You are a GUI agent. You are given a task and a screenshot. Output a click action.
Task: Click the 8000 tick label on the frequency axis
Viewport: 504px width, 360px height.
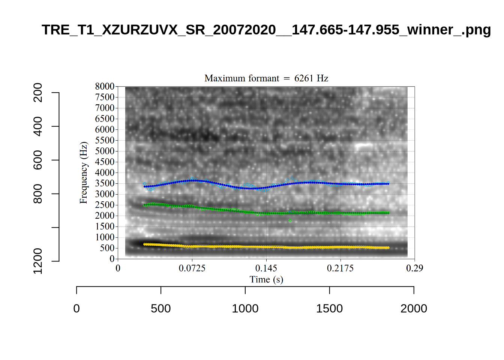click(105, 87)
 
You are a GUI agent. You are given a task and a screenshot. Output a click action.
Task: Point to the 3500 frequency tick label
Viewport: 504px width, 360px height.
click(105, 183)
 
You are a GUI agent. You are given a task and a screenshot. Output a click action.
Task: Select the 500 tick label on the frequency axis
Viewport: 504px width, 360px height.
click(107, 248)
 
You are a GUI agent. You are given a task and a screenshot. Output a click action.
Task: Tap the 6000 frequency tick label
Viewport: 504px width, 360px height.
click(105, 129)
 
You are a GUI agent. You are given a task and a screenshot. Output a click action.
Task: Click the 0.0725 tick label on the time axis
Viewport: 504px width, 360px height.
click(192, 268)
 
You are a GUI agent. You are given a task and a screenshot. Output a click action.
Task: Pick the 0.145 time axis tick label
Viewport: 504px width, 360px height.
click(266, 268)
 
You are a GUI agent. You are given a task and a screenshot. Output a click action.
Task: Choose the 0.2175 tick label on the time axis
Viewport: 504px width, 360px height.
click(340, 268)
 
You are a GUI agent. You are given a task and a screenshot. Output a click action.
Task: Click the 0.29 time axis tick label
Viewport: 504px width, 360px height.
click(414, 268)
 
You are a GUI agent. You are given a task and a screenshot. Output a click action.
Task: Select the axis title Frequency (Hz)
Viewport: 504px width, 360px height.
click(83, 172)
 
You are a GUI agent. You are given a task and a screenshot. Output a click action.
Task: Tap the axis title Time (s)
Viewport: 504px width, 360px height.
click(266, 279)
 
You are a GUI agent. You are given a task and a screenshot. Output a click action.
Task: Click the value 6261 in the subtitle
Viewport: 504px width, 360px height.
click(303, 78)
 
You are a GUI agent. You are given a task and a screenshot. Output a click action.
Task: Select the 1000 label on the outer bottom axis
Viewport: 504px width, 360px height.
click(245, 309)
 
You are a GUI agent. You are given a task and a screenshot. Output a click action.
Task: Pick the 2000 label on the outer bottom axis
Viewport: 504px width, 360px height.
click(414, 309)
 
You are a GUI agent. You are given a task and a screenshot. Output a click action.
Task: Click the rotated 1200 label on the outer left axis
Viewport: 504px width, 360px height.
click(38, 261)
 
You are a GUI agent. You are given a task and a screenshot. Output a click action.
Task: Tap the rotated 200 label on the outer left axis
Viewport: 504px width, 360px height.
click(38, 93)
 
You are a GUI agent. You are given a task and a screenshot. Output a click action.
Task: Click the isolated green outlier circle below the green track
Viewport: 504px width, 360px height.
click(290, 220)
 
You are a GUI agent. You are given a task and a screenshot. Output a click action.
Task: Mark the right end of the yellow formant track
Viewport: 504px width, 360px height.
click(388, 248)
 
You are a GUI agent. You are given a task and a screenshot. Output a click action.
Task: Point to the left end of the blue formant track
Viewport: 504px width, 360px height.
click(145, 186)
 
